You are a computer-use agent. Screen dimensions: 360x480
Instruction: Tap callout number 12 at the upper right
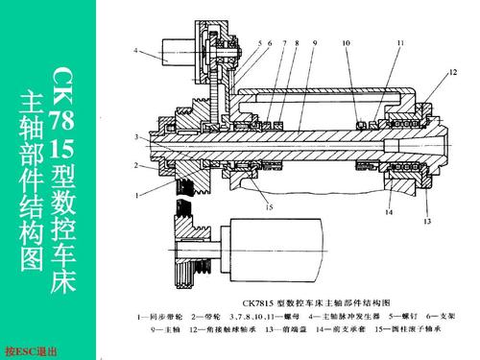click(452, 73)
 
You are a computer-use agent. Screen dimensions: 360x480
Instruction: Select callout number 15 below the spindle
click(270, 206)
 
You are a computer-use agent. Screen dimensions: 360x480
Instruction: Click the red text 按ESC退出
click(32, 351)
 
